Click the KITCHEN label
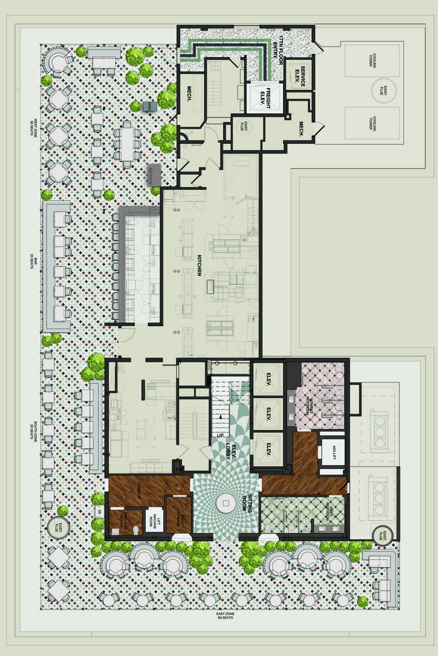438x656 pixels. point(198,265)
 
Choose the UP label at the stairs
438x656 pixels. point(221,435)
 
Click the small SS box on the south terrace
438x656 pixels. point(99,512)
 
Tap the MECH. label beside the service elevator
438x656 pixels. point(302,128)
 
